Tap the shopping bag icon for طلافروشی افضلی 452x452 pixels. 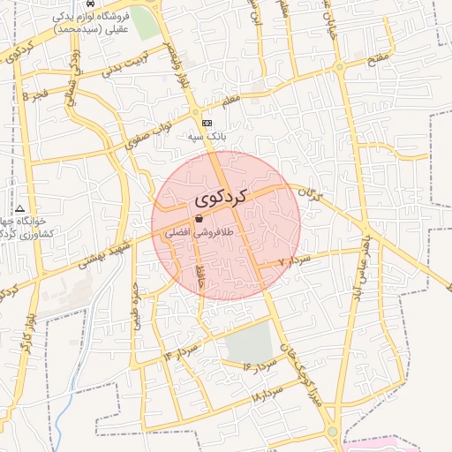[x=199, y=219]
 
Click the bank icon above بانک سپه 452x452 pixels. [x=207, y=123]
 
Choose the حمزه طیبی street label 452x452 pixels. [x=136, y=305]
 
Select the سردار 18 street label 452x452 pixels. [x=268, y=393]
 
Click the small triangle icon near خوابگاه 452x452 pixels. [x=20, y=208]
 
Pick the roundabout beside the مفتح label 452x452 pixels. [x=340, y=67]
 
